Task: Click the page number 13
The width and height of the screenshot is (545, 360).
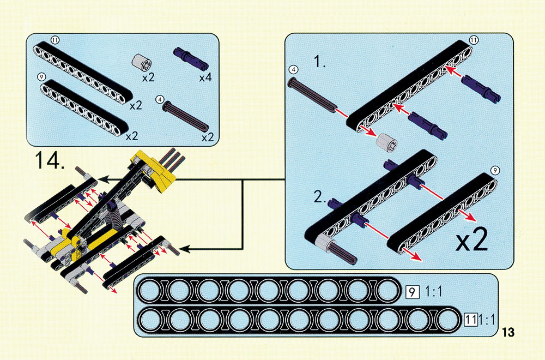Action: (x=508, y=332)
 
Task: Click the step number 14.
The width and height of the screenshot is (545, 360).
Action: (x=50, y=160)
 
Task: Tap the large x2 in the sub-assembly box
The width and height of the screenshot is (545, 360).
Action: (x=471, y=239)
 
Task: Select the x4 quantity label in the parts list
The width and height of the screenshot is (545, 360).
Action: (x=205, y=77)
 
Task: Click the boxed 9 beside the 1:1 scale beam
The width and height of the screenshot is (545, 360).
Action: (x=412, y=291)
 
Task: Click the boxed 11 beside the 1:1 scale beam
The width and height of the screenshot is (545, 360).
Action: (x=471, y=320)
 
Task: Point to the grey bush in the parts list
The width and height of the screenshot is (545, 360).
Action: (x=142, y=63)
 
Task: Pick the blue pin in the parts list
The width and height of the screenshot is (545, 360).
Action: (x=191, y=57)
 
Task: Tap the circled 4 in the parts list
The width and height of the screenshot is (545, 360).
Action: (x=160, y=99)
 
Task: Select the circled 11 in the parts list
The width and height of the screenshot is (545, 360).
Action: (x=55, y=40)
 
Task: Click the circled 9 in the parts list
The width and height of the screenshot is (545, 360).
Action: (x=42, y=76)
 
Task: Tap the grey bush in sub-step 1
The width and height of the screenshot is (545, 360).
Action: (x=386, y=142)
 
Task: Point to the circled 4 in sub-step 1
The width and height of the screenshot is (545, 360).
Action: (x=293, y=70)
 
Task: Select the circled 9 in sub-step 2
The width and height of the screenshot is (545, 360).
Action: (x=495, y=170)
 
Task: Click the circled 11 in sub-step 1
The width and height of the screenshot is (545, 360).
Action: (x=474, y=40)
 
